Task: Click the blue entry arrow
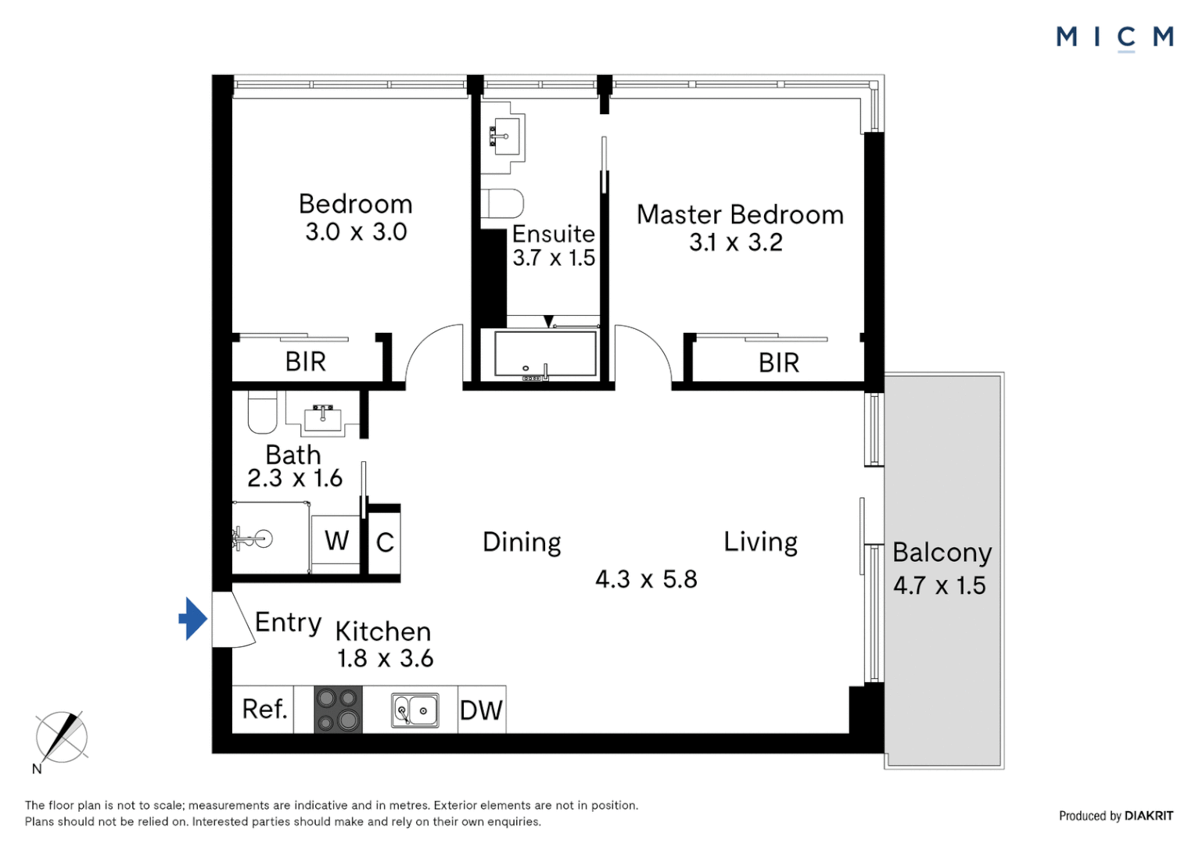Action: point(192,618)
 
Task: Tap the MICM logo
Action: point(1114,37)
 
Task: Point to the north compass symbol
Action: point(61,737)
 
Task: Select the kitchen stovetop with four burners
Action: point(338,710)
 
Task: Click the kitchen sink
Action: point(414,710)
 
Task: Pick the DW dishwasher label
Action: point(481,710)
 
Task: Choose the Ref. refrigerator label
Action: point(264,710)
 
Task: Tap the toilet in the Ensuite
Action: point(501,204)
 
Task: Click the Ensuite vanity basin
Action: point(503,138)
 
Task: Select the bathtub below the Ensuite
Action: point(545,356)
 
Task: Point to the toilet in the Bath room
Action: point(262,411)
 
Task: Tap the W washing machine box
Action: point(336,541)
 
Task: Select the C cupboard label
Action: point(385,542)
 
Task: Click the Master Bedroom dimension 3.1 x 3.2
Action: point(735,242)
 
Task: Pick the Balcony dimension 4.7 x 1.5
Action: point(939,585)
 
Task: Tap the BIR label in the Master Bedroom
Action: point(778,363)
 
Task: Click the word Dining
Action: point(522,542)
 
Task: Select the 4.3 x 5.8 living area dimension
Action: point(646,579)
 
